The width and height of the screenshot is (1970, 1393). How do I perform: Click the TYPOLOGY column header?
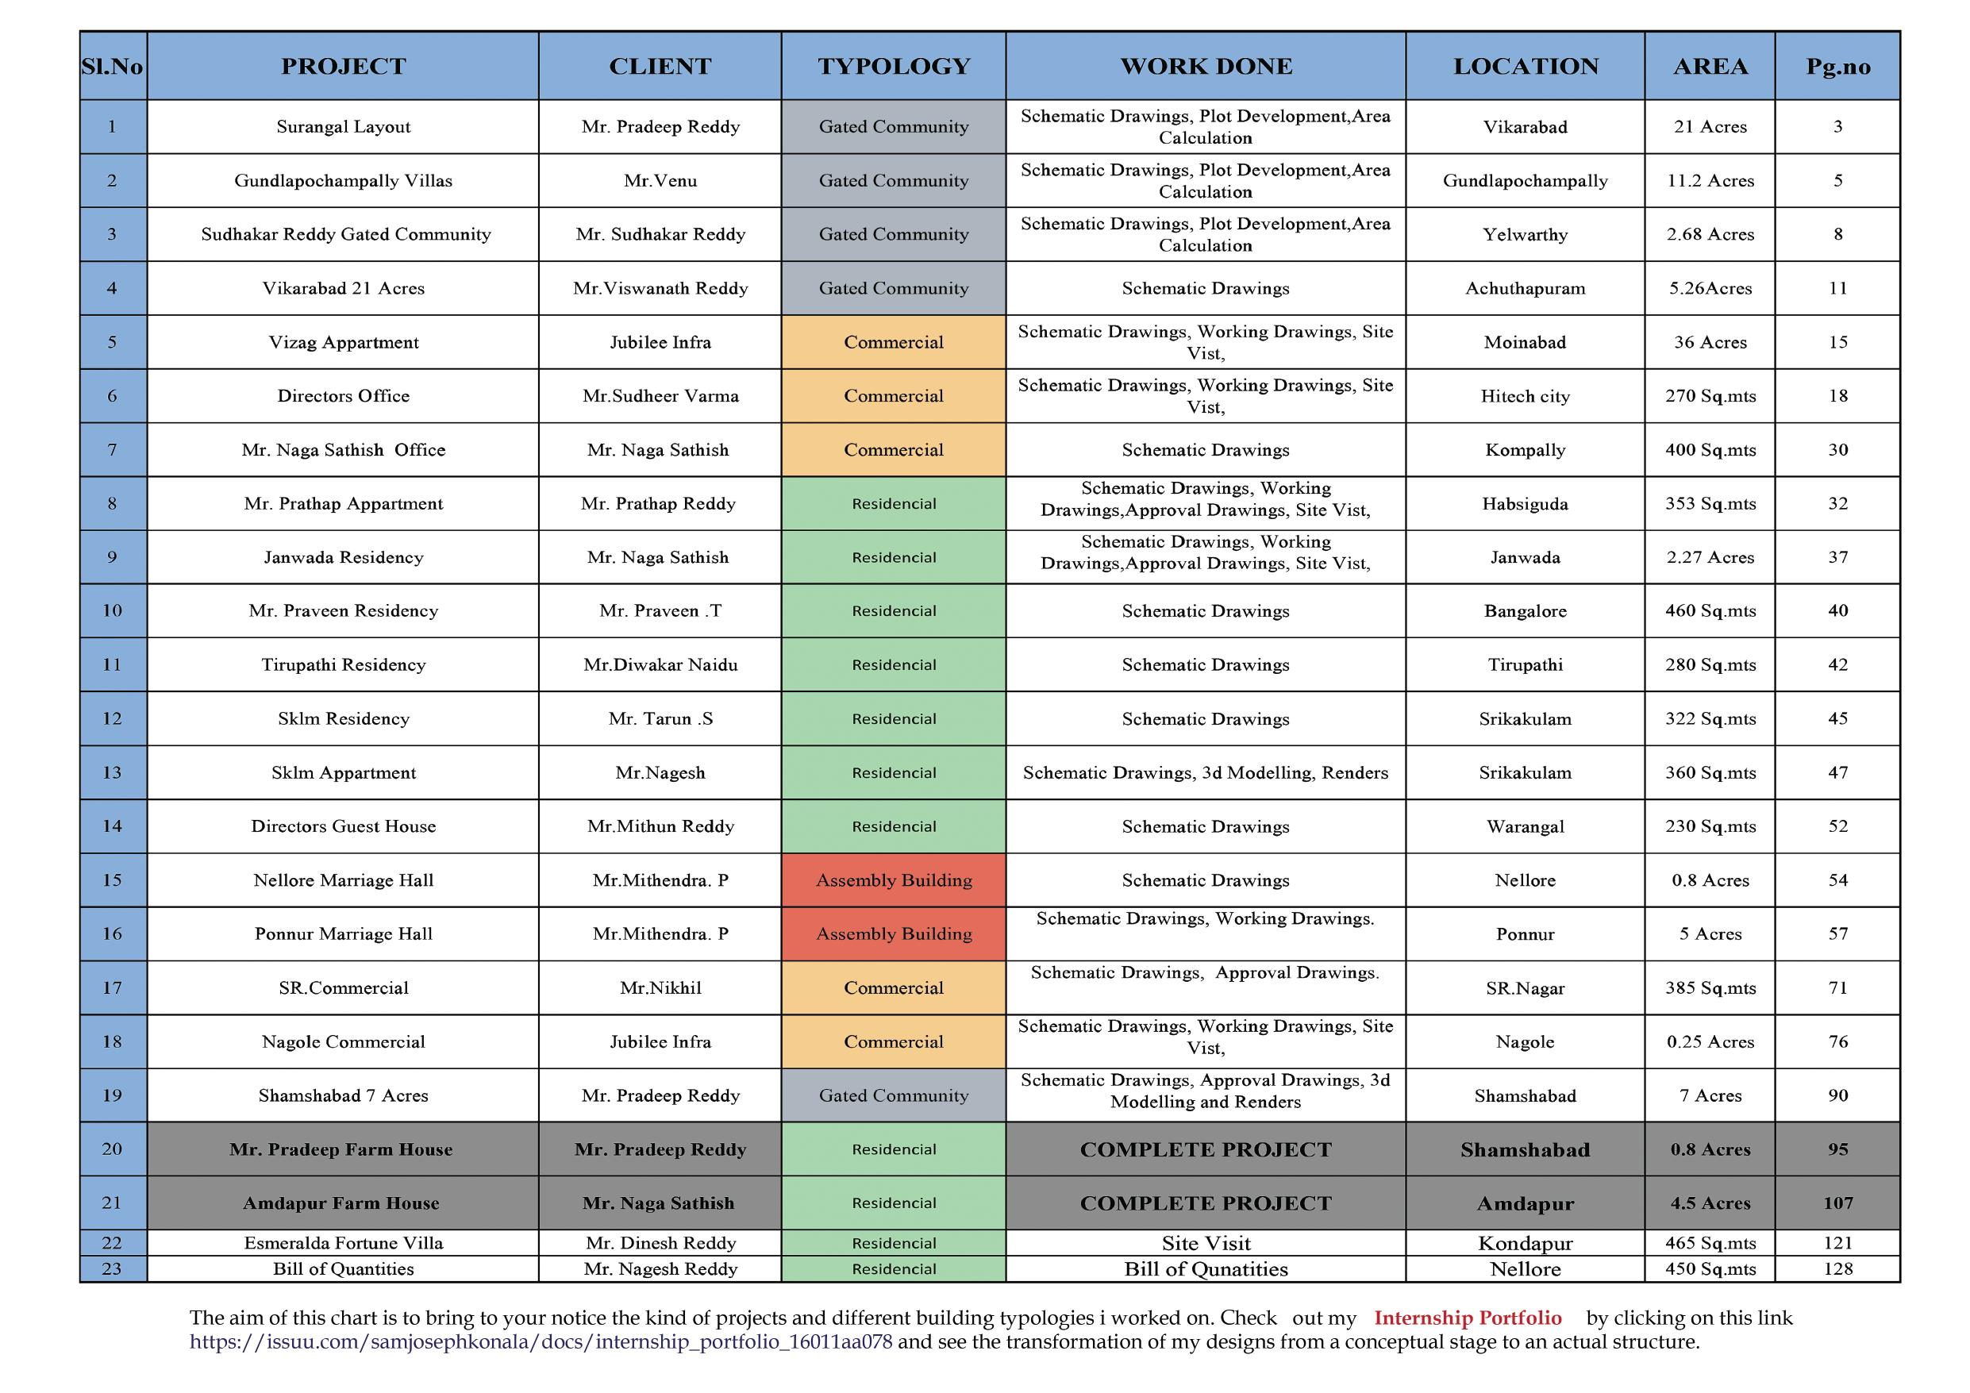point(893,66)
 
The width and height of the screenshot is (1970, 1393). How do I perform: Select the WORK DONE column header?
point(1206,66)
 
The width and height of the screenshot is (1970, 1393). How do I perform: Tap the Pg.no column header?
point(1837,66)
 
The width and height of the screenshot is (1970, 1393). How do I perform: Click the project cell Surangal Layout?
point(343,127)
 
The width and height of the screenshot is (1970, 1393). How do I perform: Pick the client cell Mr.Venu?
point(660,181)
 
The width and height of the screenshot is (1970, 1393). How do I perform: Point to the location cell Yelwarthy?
point(1525,234)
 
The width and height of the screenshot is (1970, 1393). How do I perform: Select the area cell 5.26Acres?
point(1710,288)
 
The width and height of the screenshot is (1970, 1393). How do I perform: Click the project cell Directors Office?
point(343,395)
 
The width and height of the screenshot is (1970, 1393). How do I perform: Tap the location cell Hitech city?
point(1525,395)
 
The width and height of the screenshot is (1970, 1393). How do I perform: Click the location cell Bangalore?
point(1525,611)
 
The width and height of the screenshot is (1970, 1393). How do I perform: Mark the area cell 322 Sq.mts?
point(1710,718)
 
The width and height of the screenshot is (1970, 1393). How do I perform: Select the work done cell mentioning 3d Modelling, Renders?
point(1206,772)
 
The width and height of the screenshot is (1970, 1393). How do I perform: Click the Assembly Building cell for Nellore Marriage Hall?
point(893,879)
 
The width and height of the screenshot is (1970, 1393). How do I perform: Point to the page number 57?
point(1837,933)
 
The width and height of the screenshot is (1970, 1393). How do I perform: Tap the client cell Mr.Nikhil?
point(660,988)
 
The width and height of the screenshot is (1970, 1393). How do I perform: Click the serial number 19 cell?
point(113,1095)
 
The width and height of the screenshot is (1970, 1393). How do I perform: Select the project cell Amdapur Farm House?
point(341,1203)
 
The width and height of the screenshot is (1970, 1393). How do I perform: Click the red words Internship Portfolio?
point(1468,1318)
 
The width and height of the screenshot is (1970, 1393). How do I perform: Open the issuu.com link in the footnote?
point(541,1341)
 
